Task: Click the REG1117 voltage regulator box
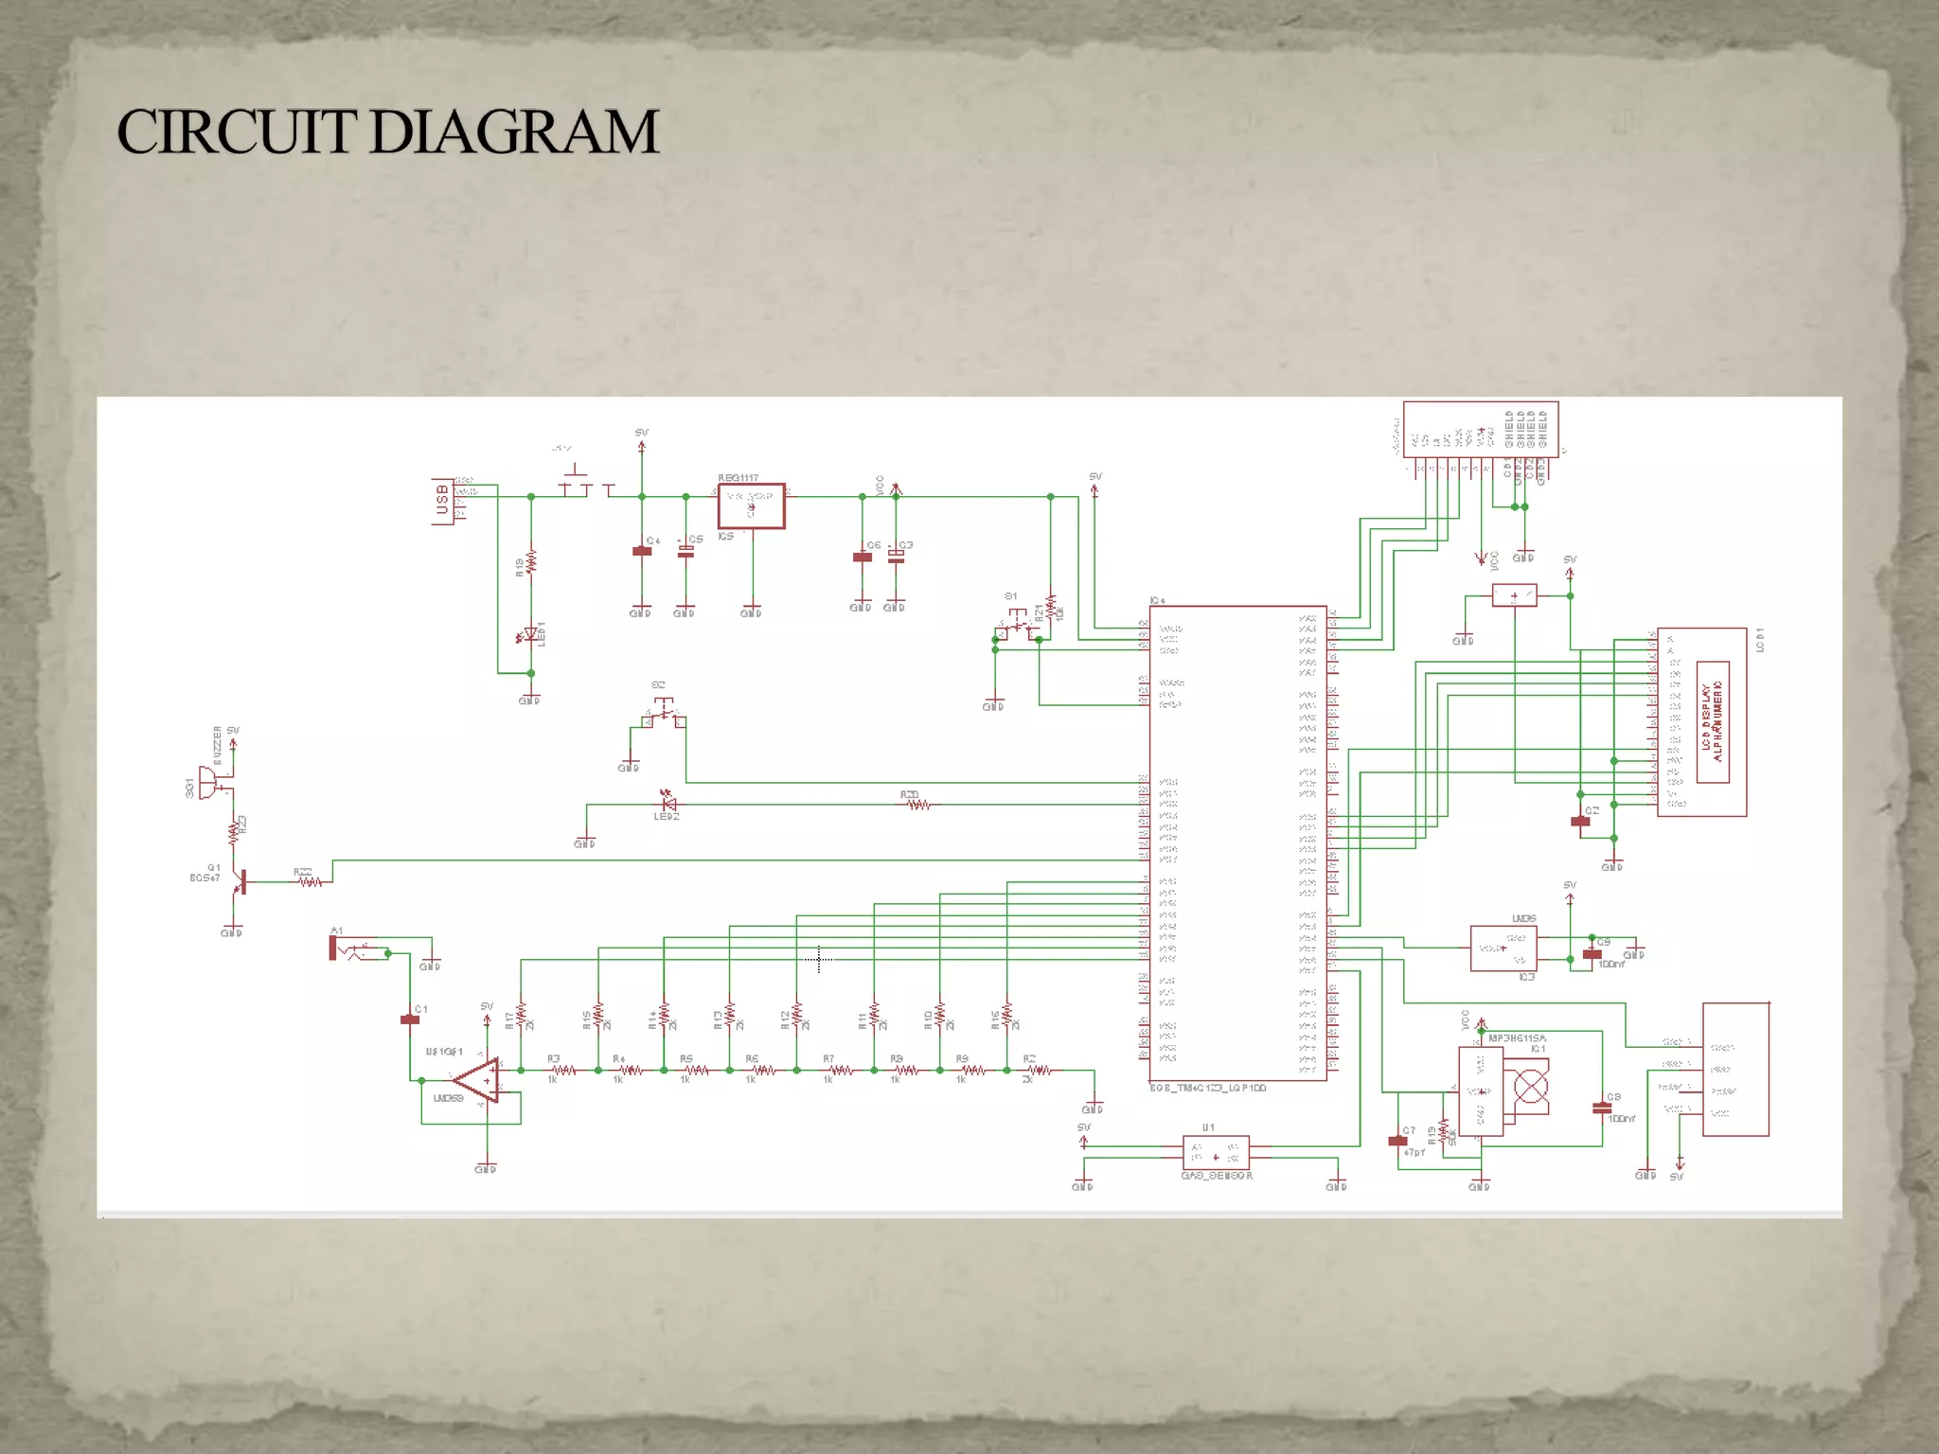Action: click(751, 506)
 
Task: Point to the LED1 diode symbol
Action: click(530, 634)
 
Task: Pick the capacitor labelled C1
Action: click(410, 1020)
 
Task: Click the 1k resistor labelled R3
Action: click(563, 1071)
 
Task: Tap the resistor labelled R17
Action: click(521, 1016)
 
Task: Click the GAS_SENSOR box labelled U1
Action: click(1216, 1152)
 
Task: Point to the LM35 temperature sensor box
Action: click(1503, 949)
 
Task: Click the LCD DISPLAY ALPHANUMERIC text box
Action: click(1713, 722)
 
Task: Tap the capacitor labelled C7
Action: click(1397, 1141)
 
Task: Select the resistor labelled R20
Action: click(917, 805)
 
